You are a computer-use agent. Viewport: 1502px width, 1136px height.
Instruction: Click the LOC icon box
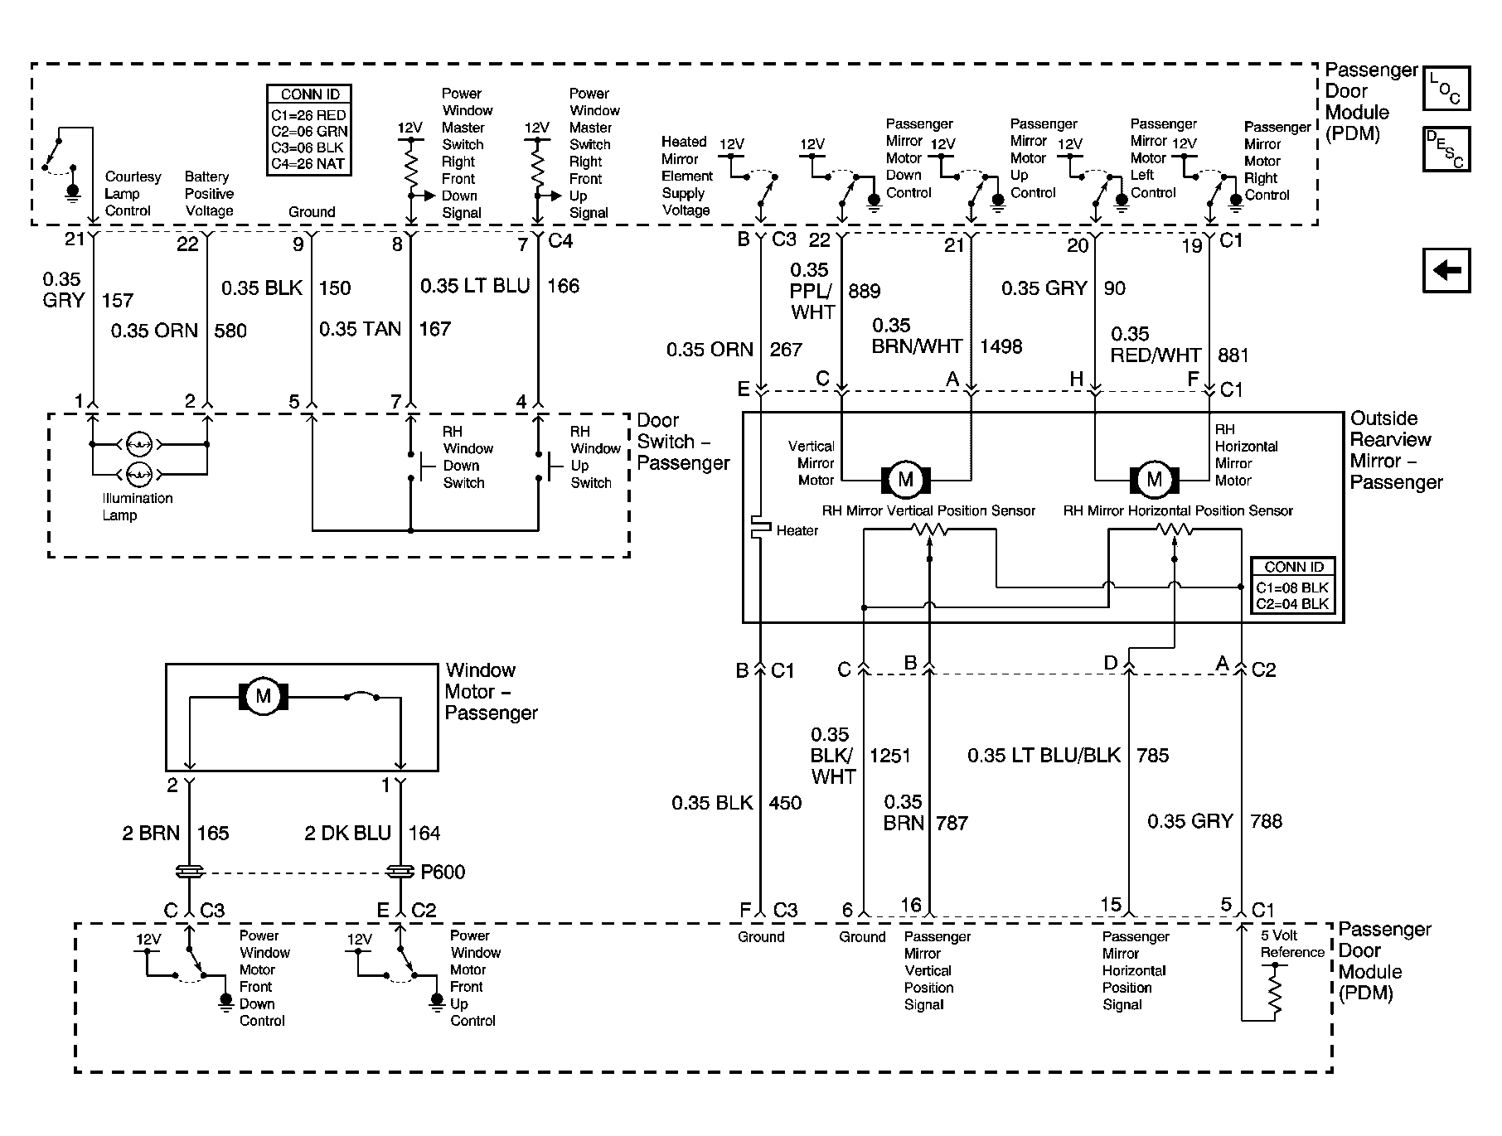tap(1446, 89)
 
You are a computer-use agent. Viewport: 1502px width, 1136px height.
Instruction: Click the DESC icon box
tap(1446, 149)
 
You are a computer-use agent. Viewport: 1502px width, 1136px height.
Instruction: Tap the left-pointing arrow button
tap(1446, 270)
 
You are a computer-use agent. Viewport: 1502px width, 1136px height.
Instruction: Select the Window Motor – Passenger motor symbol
tap(264, 696)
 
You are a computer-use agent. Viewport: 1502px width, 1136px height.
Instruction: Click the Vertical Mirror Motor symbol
tap(905, 479)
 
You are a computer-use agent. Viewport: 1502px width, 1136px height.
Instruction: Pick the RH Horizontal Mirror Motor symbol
tap(1154, 479)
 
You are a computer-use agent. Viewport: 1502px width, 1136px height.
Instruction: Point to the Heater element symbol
tap(760, 528)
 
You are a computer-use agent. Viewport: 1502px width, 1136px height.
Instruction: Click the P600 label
tap(443, 872)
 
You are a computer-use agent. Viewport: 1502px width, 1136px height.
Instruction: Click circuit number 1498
tap(1001, 346)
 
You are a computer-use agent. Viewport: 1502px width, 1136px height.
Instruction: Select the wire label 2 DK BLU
tap(347, 833)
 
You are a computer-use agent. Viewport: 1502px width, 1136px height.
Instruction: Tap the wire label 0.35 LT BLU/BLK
tap(1044, 755)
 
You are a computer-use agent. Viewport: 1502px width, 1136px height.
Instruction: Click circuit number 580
tap(230, 331)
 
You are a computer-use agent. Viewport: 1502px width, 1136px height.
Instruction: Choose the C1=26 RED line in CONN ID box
tap(308, 115)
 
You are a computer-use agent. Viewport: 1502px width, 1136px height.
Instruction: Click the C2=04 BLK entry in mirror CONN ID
tap(1292, 603)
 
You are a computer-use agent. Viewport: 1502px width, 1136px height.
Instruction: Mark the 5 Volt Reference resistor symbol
tap(1274, 993)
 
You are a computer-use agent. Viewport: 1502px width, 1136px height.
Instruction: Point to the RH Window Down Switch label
tap(468, 457)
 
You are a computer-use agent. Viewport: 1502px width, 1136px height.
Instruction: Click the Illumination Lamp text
tap(137, 506)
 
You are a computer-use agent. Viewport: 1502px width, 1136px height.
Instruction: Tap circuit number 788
tap(1266, 821)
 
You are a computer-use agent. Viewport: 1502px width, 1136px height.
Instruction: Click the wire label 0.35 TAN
tap(360, 329)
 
